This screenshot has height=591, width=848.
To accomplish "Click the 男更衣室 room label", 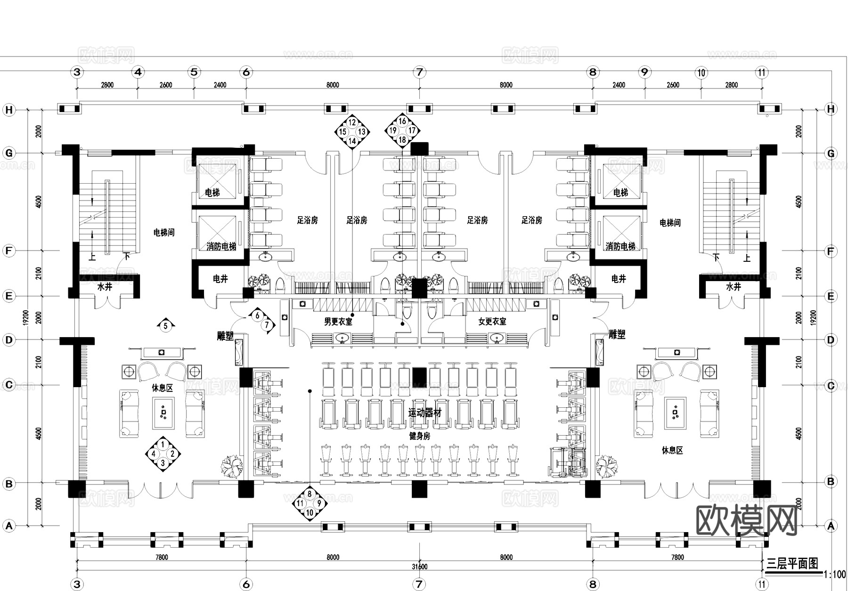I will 338,322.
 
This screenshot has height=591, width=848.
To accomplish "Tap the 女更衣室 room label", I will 492,322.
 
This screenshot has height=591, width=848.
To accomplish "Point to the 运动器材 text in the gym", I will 425,413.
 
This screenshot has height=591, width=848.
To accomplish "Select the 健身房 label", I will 419,436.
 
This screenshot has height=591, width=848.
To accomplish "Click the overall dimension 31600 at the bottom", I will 419,567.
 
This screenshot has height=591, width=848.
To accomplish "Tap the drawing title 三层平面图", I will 792,563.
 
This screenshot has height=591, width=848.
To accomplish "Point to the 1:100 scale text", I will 834,575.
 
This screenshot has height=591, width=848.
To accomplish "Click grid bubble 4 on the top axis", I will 138,72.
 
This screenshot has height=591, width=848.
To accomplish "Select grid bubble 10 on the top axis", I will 701,72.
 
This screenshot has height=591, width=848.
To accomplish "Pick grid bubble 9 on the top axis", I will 644,72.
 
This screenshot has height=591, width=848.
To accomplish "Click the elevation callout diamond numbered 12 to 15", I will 352,131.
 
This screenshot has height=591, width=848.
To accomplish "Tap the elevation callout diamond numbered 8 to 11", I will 310,503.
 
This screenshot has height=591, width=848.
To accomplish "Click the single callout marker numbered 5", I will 165,325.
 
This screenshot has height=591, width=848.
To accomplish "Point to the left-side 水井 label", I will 105,287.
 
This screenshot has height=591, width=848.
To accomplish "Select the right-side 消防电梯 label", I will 620,246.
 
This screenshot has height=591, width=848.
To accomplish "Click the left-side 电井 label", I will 220,279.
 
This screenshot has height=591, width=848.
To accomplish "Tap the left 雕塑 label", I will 225,336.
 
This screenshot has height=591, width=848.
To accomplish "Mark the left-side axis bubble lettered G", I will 9,153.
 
